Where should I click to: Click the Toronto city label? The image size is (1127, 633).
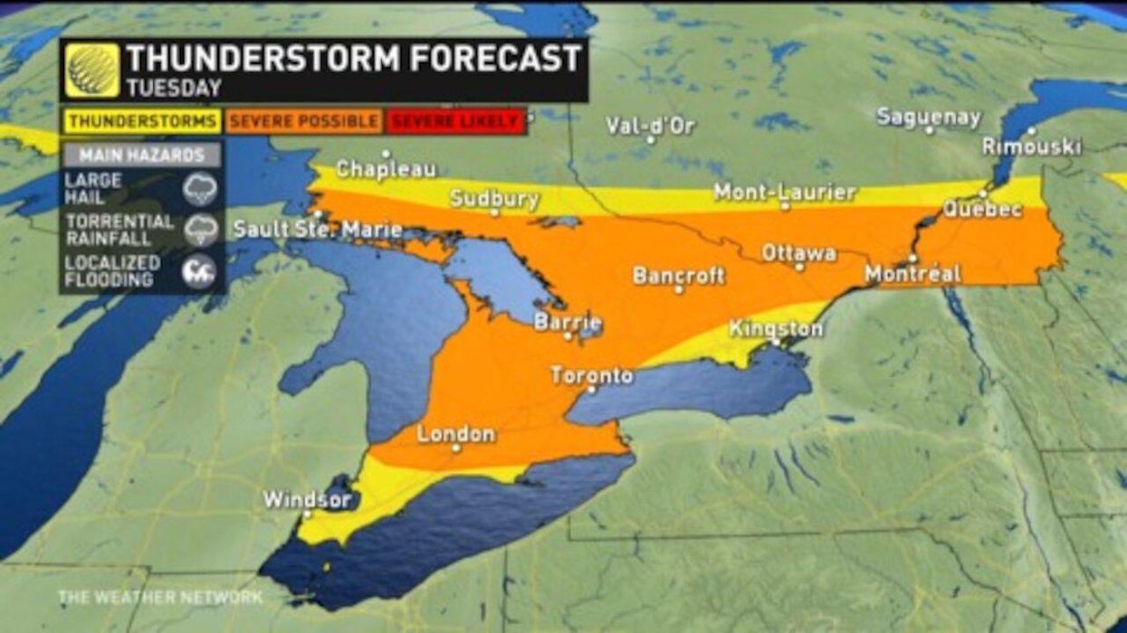click(x=591, y=374)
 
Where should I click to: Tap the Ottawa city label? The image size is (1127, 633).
click(x=798, y=252)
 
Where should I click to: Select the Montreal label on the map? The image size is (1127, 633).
click(x=912, y=273)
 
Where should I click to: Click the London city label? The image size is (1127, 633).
click(x=455, y=434)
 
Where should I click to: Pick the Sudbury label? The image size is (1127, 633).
click(x=494, y=198)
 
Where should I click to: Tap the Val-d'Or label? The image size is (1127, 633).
click(x=650, y=126)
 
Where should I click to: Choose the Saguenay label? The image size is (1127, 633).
click(x=929, y=118)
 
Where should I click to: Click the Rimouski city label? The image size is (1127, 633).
click(x=1031, y=146)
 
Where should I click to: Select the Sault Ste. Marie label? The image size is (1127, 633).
click(x=318, y=229)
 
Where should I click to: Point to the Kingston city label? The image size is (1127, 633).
click(x=776, y=328)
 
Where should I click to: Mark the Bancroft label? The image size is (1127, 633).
click(x=679, y=275)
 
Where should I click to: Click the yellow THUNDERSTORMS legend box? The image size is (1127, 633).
click(x=142, y=121)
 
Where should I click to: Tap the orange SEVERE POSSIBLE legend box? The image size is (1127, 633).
click(x=303, y=121)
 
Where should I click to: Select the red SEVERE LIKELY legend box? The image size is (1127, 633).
click(x=456, y=121)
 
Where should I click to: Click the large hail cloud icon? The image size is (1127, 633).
click(x=199, y=189)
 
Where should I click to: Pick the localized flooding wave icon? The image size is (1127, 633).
click(x=199, y=271)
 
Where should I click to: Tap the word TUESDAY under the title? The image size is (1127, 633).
click(x=174, y=88)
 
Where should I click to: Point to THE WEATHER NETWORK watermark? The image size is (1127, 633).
click(x=160, y=598)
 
